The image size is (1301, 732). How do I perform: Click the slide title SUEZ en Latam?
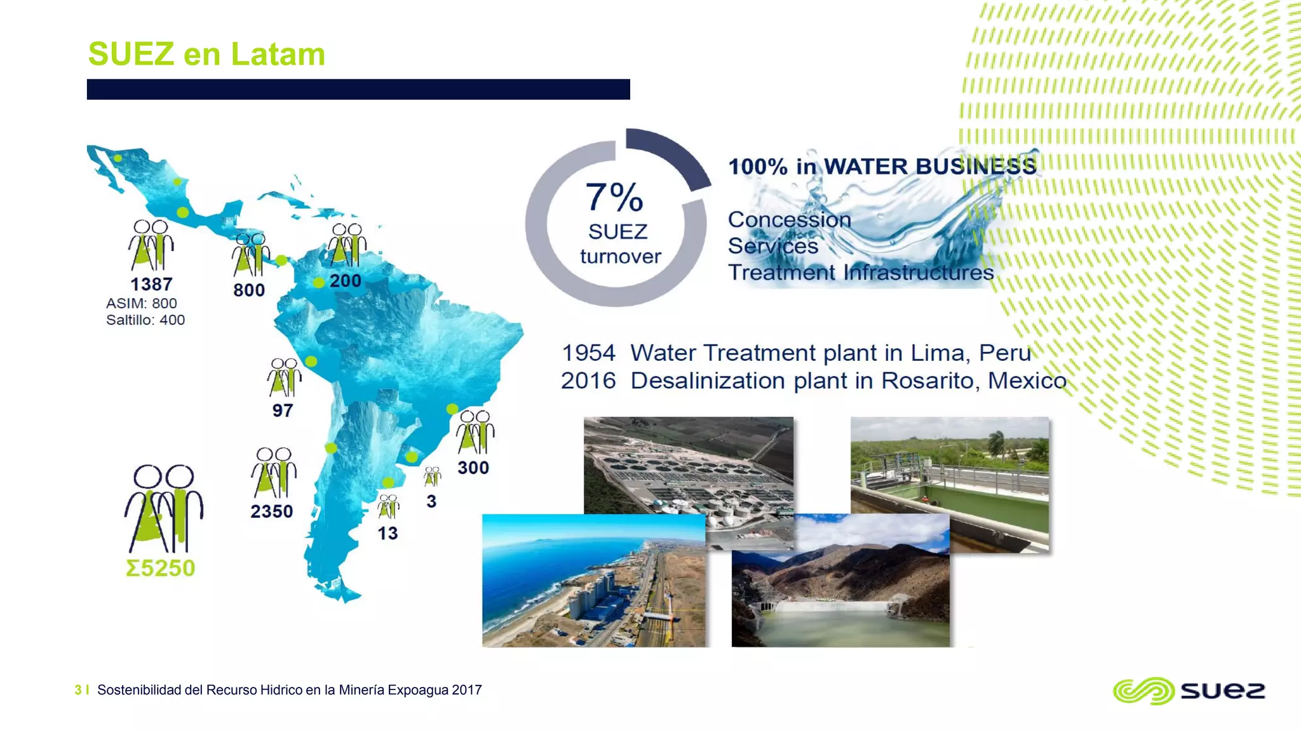tap(206, 54)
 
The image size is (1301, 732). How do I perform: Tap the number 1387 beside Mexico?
tap(151, 284)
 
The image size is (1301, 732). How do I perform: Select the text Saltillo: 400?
tap(145, 320)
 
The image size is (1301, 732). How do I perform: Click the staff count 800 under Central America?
tap(249, 290)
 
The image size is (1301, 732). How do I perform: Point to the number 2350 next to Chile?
tap(271, 512)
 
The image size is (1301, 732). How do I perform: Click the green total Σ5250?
tap(161, 567)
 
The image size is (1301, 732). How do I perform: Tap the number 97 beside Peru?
tap(283, 410)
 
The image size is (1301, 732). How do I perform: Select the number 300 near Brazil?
tap(473, 468)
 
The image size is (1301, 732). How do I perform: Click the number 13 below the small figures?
tap(388, 533)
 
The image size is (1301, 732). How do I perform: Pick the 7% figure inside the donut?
tap(614, 197)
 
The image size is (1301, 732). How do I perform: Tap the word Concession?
tap(789, 219)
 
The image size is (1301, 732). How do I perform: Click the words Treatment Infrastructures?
tap(860, 273)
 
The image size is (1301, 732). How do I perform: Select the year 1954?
tap(588, 353)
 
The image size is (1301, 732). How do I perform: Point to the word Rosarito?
tap(931, 381)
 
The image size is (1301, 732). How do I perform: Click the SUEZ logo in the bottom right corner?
tap(1189, 690)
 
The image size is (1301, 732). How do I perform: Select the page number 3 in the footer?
tap(78, 690)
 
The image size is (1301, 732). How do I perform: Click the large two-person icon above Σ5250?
tap(164, 508)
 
